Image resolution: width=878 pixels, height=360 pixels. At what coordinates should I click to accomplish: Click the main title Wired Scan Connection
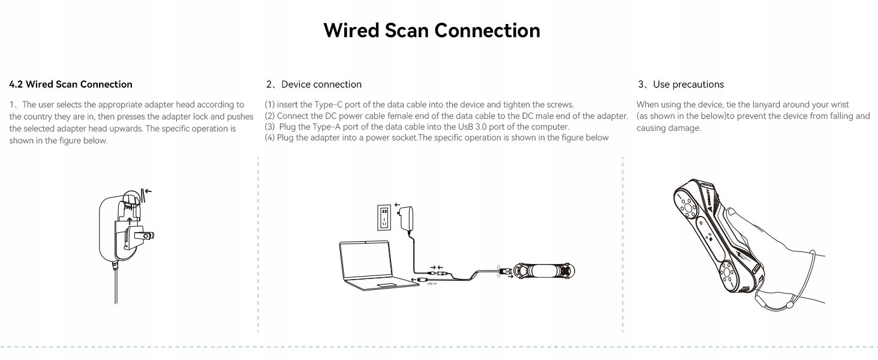click(431, 31)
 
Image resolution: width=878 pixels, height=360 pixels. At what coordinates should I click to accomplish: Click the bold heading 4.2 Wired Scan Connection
click(71, 85)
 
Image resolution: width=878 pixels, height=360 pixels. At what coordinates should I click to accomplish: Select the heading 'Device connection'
click(321, 85)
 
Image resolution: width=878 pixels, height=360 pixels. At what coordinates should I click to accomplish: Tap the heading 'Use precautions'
click(688, 85)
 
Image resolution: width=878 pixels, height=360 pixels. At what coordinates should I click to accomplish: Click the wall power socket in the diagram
click(383, 218)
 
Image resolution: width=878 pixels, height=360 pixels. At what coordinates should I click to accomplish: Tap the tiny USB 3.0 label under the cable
click(431, 283)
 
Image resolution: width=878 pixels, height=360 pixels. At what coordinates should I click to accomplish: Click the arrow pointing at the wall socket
click(397, 205)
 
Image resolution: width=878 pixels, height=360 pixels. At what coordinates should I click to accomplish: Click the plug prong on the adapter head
click(144, 236)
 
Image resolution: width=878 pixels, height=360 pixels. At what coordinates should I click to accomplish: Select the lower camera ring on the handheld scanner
click(729, 276)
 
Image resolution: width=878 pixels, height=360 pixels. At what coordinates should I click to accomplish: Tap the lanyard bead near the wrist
click(789, 305)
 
